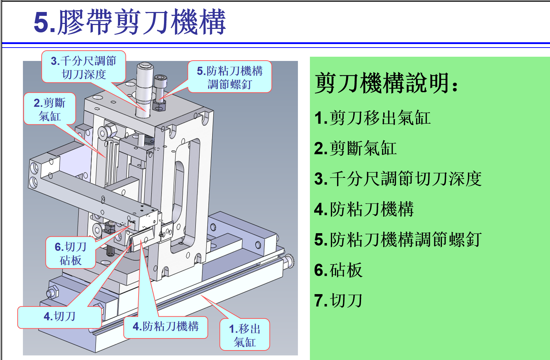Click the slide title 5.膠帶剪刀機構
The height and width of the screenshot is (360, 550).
click(130, 21)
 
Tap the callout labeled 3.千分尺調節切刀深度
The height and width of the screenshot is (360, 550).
click(84, 67)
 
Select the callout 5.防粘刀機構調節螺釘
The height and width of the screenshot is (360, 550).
click(230, 77)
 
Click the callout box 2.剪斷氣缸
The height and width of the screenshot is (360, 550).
click(50, 109)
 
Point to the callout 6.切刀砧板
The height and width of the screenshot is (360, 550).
click(71, 253)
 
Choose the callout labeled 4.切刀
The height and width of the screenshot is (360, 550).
click(60, 317)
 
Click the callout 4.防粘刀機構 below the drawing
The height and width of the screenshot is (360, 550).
click(166, 327)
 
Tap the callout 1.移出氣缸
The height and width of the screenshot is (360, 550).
click(245, 335)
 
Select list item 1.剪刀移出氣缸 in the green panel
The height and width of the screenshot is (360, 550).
click(372, 118)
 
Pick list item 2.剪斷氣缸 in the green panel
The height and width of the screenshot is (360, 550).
click(355, 148)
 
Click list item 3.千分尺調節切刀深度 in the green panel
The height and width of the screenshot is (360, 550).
click(398, 179)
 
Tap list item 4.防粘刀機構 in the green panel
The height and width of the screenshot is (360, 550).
click(364, 209)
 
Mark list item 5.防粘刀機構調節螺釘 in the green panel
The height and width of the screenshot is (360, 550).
click(398, 240)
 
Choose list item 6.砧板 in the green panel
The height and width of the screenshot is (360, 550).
click(338, 270)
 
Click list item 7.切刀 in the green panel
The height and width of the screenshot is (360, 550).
click(338, 300)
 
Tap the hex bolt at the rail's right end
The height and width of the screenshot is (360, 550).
click(289, 262)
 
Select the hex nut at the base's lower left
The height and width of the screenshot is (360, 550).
click(53, 292)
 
